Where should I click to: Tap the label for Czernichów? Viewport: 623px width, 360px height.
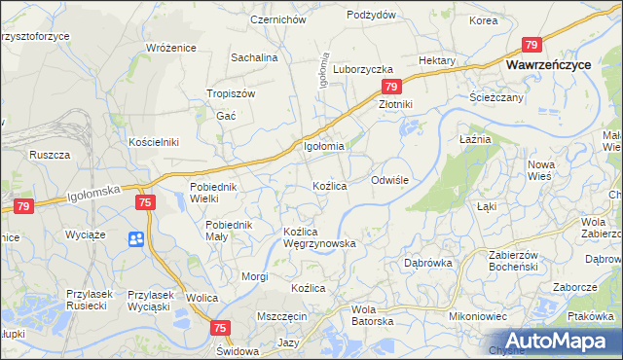click(278, 19)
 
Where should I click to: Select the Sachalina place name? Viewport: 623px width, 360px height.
click(254, 57)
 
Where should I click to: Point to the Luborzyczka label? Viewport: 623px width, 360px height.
click(362, 70)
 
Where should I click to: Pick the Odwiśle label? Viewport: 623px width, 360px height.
click(394, 181)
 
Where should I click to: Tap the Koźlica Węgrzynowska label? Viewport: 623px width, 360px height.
click(318, 237)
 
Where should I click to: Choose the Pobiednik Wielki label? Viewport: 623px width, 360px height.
click(213, 193)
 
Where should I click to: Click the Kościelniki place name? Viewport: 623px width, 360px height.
click(154, 142)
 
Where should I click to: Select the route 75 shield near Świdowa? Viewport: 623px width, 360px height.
click(219, 329)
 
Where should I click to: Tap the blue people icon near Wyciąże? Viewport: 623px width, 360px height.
click(135, 238)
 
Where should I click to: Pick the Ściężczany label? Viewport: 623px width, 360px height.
click(496, 97)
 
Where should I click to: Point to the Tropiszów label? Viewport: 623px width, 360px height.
click(231, 93)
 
